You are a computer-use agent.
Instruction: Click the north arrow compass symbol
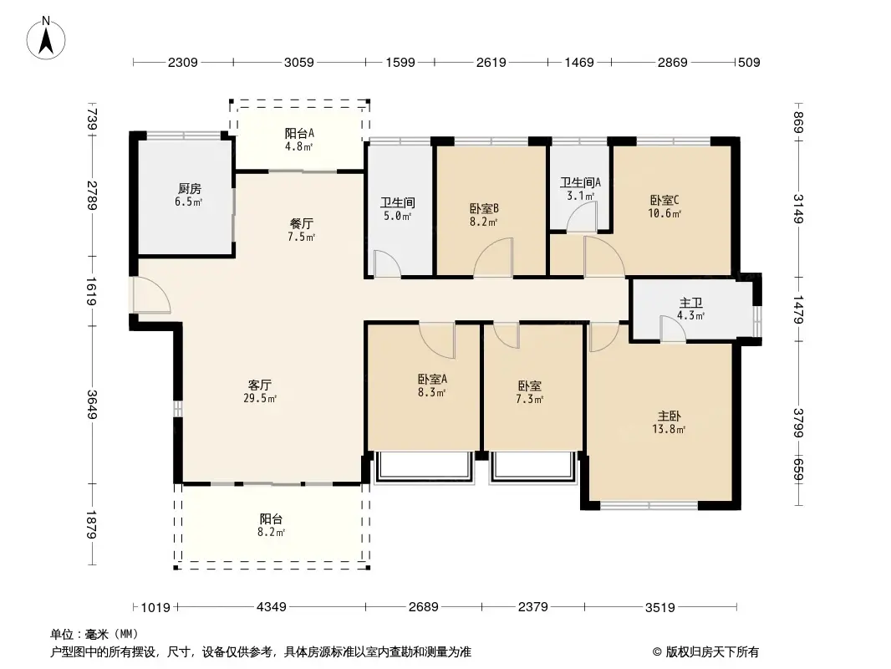[46, 38]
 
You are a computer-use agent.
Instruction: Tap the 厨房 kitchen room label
[189, 194]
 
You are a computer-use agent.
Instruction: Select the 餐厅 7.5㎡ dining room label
[301, 230]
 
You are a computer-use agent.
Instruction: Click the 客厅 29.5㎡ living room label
[260, 391]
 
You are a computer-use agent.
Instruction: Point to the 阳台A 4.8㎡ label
[299, 140]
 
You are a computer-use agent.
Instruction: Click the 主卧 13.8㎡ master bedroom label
[669, 422]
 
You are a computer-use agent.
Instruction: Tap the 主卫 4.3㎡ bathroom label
[691, 309]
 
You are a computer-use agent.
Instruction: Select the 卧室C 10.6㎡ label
[664, 207]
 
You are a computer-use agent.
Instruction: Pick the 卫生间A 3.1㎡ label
[580, 189]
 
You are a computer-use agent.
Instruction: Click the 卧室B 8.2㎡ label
[484, 215]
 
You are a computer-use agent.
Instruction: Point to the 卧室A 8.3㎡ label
[432, 386]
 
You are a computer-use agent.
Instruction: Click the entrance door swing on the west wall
[151, 294]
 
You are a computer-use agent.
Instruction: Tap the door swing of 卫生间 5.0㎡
[387, 264]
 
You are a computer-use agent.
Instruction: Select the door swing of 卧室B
[492, 258]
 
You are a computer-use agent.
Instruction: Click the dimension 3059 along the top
[299, 62]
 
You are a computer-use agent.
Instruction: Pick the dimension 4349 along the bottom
[272, 607]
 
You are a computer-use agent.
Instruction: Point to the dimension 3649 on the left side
[91, 405]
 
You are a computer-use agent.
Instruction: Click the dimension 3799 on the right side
[799, 423]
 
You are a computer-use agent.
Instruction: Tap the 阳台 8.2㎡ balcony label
[272, 525]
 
